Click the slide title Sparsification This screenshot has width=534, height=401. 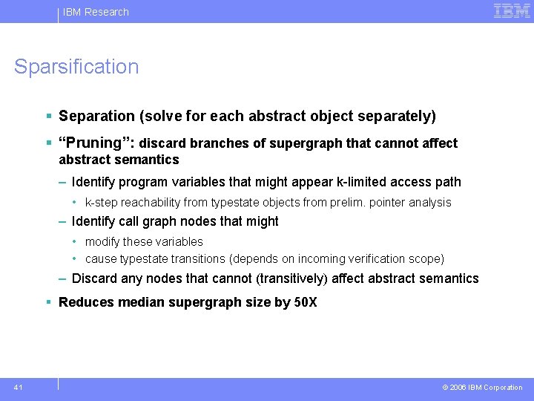click(x=76, y=67)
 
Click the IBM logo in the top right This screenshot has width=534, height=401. click(x=511, y=11)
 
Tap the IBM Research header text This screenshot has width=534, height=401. click(x=96, y=12)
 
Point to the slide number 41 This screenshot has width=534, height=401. click(x=18, y=387)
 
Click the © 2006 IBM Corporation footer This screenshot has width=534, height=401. click(x=482, y=387)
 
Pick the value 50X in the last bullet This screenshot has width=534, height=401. click(x=306, y=302)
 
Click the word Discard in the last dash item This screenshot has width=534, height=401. click(x=93, y=278)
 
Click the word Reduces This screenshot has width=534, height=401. click(x=85, y=302)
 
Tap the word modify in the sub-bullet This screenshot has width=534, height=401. click(x=100, y=242)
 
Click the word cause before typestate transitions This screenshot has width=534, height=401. click(x=99, y=259)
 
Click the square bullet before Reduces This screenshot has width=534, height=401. click(x=48, y=302)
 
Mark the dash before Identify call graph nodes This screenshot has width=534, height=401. click(x=64, y=221)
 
